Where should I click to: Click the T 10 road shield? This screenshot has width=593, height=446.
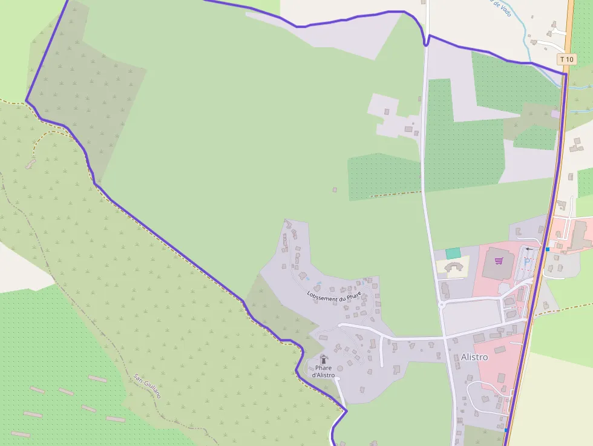point(566,59)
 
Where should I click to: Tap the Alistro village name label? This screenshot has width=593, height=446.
point(474,357)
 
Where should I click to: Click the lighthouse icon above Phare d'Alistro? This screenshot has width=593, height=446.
point(323,359)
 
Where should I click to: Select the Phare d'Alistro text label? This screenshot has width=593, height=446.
point(323,371)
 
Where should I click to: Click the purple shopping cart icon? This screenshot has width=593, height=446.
point(499,261)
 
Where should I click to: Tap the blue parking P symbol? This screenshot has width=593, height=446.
point(526,262)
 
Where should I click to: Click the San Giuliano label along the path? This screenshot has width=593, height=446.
point(148,386)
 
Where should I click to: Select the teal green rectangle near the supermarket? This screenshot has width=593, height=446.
point(453,253)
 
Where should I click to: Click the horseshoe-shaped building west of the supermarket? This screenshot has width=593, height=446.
point(453,267)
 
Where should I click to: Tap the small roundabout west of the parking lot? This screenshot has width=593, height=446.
point(444,305)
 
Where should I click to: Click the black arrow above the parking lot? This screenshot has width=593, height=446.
point(530,249)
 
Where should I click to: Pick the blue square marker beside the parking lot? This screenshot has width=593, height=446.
point(547,249)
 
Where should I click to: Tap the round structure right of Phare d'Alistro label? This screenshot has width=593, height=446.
point(340,368)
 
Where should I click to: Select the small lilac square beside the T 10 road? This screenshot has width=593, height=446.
point(555,114)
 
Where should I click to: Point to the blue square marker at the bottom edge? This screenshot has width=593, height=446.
point(506,430)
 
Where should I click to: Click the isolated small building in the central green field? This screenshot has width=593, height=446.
point(335,189)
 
